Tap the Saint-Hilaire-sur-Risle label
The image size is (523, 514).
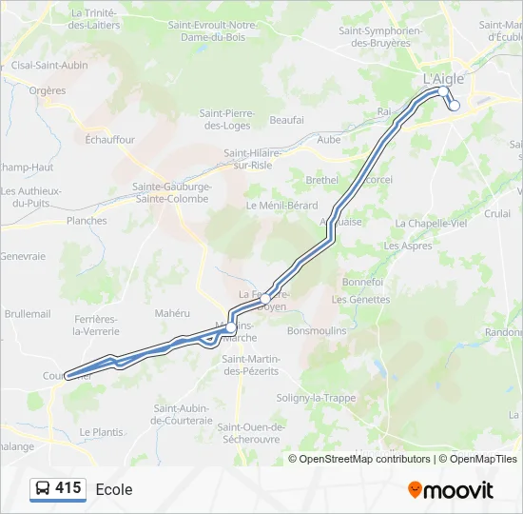click(x=260, y=158)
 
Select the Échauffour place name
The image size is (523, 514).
click(x=110, y=139)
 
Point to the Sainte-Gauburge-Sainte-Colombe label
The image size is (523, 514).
click(x=172, y=192)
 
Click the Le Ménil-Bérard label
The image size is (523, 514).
click(x=281, y=205)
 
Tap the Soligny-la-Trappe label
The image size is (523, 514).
click(x=316, y=397)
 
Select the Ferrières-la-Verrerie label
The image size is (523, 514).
click(x=95, y=325)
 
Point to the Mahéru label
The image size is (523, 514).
click(x=173, y=312)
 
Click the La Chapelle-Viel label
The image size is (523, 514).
click(x=431, y=223)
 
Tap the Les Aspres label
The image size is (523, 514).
click(x=408, y=245)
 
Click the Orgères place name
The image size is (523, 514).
click(x=48, y=90)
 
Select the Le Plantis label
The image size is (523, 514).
click(x=102, y=431)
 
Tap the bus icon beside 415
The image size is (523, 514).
click(x=43, y=488)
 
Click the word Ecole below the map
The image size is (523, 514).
click(x=114, y=489)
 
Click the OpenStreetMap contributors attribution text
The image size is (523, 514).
click(x=364, y=459)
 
